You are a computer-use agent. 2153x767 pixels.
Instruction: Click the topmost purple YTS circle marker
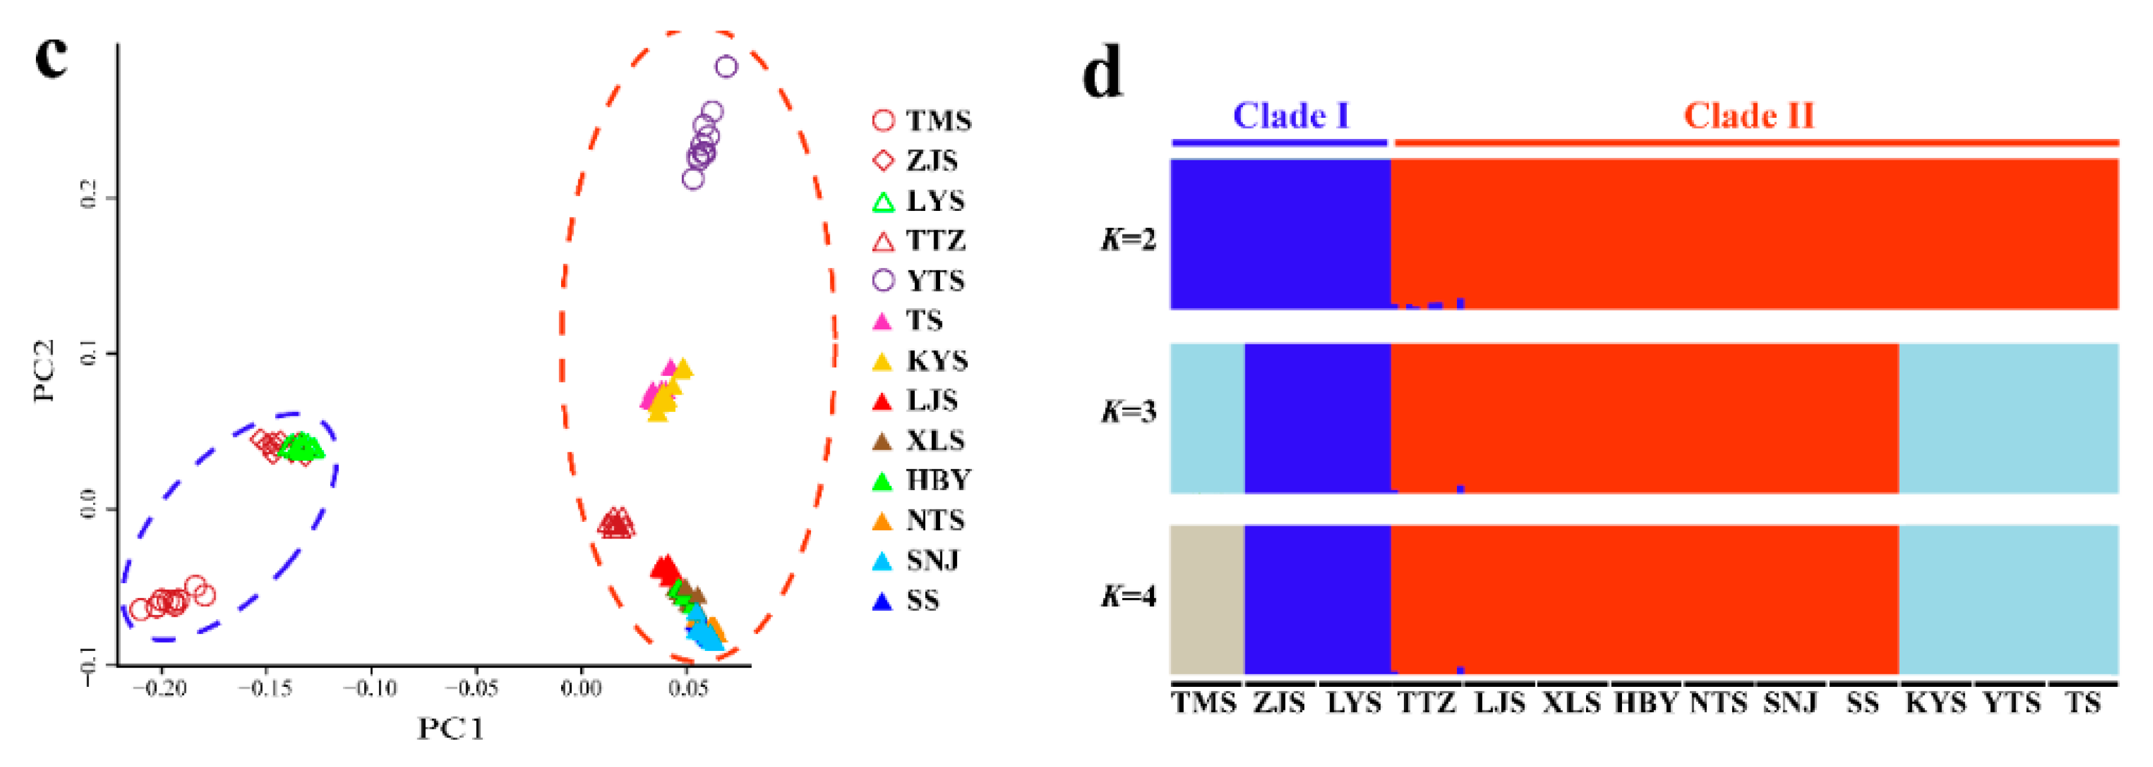pyautogui.click(x=726, y=67)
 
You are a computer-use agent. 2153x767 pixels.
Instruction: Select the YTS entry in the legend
pyautogui.click(x=919, y=280)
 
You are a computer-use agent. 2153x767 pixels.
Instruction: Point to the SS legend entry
pyautogui.click(x=907, y=600)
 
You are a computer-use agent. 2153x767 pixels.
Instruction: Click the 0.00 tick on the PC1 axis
pyautogui.click(x=581, y=687)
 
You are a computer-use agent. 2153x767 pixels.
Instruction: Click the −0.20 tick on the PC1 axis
pyautogui.click(x=161, y=687)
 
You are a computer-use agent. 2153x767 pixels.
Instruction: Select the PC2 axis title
pyautogui.click(x=45, y=370)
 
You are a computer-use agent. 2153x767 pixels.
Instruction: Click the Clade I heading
pyautogui.click(x=1291, y=115)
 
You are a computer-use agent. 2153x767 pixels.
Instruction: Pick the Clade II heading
pyautogui.click(x=1749, y=115)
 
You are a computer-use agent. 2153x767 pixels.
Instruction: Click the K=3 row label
pyautogui.click(x=1128, y=411)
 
